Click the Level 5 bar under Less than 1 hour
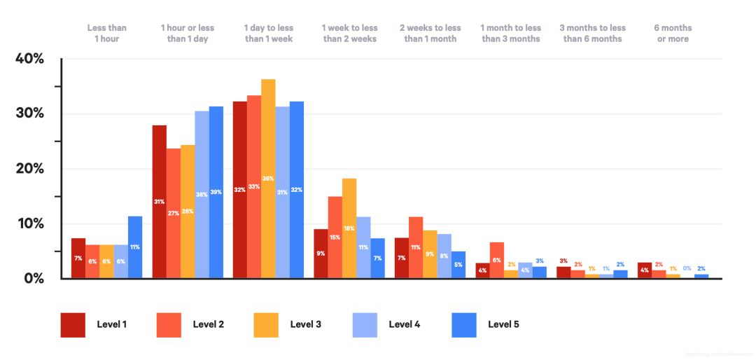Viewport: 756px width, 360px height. pos(135,247)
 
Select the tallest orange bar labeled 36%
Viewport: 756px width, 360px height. pos(268,179)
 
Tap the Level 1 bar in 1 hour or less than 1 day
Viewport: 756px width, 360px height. pos(159,202)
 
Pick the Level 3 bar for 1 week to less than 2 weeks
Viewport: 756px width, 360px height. pos(349,228)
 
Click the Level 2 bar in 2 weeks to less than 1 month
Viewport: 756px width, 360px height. pos(416,247)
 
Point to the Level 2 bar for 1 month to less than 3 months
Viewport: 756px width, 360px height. pos(497,260)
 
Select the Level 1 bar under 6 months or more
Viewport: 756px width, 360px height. pos(645,270)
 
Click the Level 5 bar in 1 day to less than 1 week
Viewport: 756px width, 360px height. pos(297,190)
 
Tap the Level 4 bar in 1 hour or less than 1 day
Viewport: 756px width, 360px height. pos(202,195)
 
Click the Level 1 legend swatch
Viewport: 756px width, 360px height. pos(73,324)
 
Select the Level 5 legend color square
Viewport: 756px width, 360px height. pos(465,324)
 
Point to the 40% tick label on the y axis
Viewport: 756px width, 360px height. pos(29,59)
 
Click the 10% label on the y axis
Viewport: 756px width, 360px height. pos(29,223)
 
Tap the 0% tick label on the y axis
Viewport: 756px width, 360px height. pos(32,278)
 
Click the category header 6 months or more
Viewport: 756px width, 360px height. pos(672,34)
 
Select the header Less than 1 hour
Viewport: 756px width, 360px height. pos(107,34)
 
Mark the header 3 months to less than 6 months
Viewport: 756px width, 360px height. pos(592,34)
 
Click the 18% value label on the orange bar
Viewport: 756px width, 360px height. pos(349,228)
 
